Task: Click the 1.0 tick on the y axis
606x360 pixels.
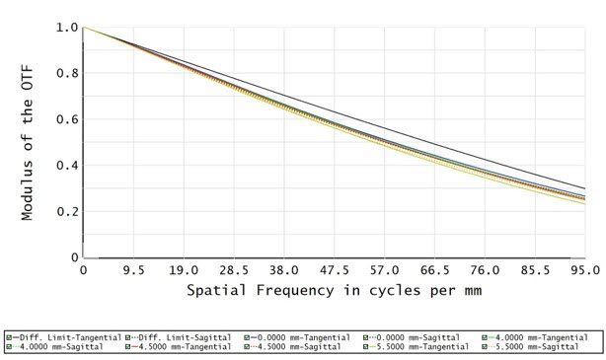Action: (x=66, y=28)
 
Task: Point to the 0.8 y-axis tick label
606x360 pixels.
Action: (x=66, y=74)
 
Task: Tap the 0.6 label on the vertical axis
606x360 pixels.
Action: (x=66, y=120)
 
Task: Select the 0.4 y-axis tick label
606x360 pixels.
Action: (x=66, y=166)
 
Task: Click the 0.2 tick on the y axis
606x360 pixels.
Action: (x=66, y=212)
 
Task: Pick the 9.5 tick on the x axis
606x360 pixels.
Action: (x=133, y=270)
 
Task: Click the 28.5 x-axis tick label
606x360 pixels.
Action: (x=233, y=270)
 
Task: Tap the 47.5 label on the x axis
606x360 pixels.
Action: (x=334, y=270)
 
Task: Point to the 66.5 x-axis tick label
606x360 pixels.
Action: (x=434, y=270)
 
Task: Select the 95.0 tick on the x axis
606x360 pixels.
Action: (x=583, y=270)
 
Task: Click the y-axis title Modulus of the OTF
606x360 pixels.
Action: (x=29, y=143)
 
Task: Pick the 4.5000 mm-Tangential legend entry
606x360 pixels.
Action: (x=179, y=346)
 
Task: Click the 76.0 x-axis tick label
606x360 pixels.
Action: (x=484, y=270)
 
